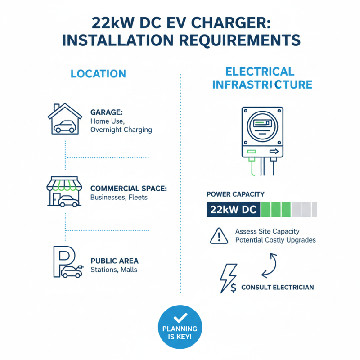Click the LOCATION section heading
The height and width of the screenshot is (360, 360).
(98, 74)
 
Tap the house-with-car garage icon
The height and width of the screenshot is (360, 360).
(65, 118)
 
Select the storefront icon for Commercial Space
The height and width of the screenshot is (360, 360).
(64, 191)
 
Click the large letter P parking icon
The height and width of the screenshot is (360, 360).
(61, 261)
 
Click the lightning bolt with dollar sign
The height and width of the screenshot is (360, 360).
(227, 278)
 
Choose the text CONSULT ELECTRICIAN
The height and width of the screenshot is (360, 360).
(278, 287)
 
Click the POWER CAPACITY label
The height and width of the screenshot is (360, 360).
(235, 194)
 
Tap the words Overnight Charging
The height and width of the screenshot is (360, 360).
(121, 130)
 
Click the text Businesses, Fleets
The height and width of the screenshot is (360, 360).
(119, 197)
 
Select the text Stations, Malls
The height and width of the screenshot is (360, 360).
(114, 270)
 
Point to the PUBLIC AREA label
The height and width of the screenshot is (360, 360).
(114, 261)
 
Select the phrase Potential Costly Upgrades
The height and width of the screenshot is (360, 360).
(275, 240)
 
